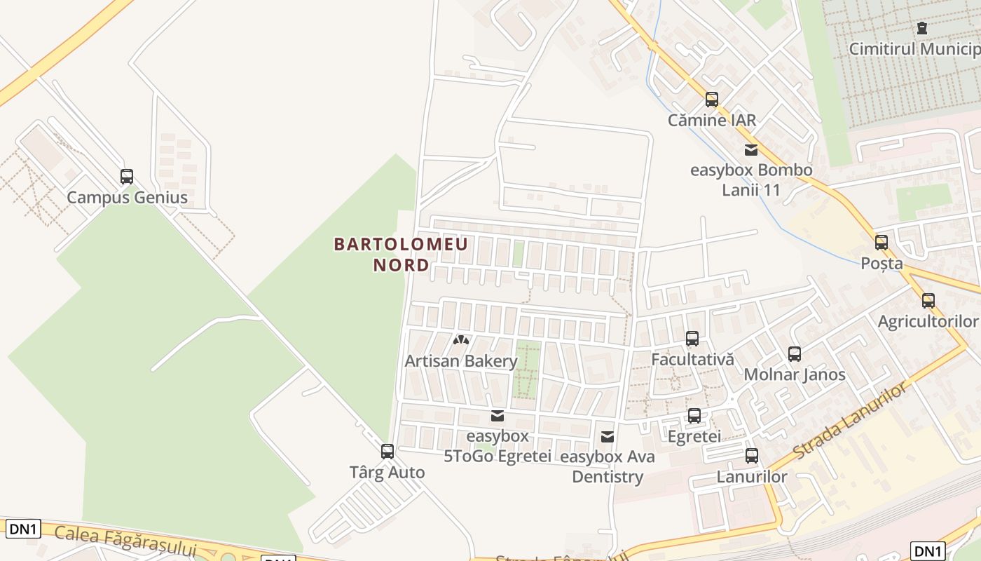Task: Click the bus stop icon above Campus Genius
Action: pos(127,177)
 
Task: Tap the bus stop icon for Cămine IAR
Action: pos(712,100)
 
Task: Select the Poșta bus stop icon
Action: pos(881,243)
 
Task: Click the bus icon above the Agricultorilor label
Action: pos(928,301)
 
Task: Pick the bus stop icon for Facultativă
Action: pos(692,339)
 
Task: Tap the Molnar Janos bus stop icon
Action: pos(795,354)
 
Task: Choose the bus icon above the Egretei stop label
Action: pos(694,416)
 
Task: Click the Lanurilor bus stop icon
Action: pos(752,456)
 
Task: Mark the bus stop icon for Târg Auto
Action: pos(387,452)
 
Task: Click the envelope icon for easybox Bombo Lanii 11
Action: pos(751,149)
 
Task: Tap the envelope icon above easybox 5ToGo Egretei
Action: pos(498,416)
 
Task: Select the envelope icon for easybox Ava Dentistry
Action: pos(608,437)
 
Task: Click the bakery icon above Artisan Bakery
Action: pos(461,341)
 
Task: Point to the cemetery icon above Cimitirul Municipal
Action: pos(922,28)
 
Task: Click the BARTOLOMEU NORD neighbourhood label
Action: pos(401,255)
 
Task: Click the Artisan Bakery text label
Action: pos(461,361)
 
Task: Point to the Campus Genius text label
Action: pos(127,197)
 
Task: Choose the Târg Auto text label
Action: pos(387,472)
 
